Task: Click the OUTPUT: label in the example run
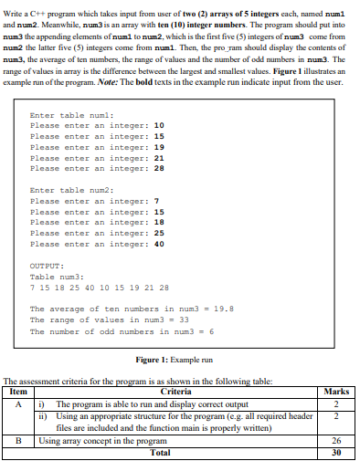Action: click(46, 265)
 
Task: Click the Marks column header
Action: click(337, 391)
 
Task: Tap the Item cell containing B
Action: click(18, 441)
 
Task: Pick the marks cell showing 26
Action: click(337, 441)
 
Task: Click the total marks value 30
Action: click(337, 451)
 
